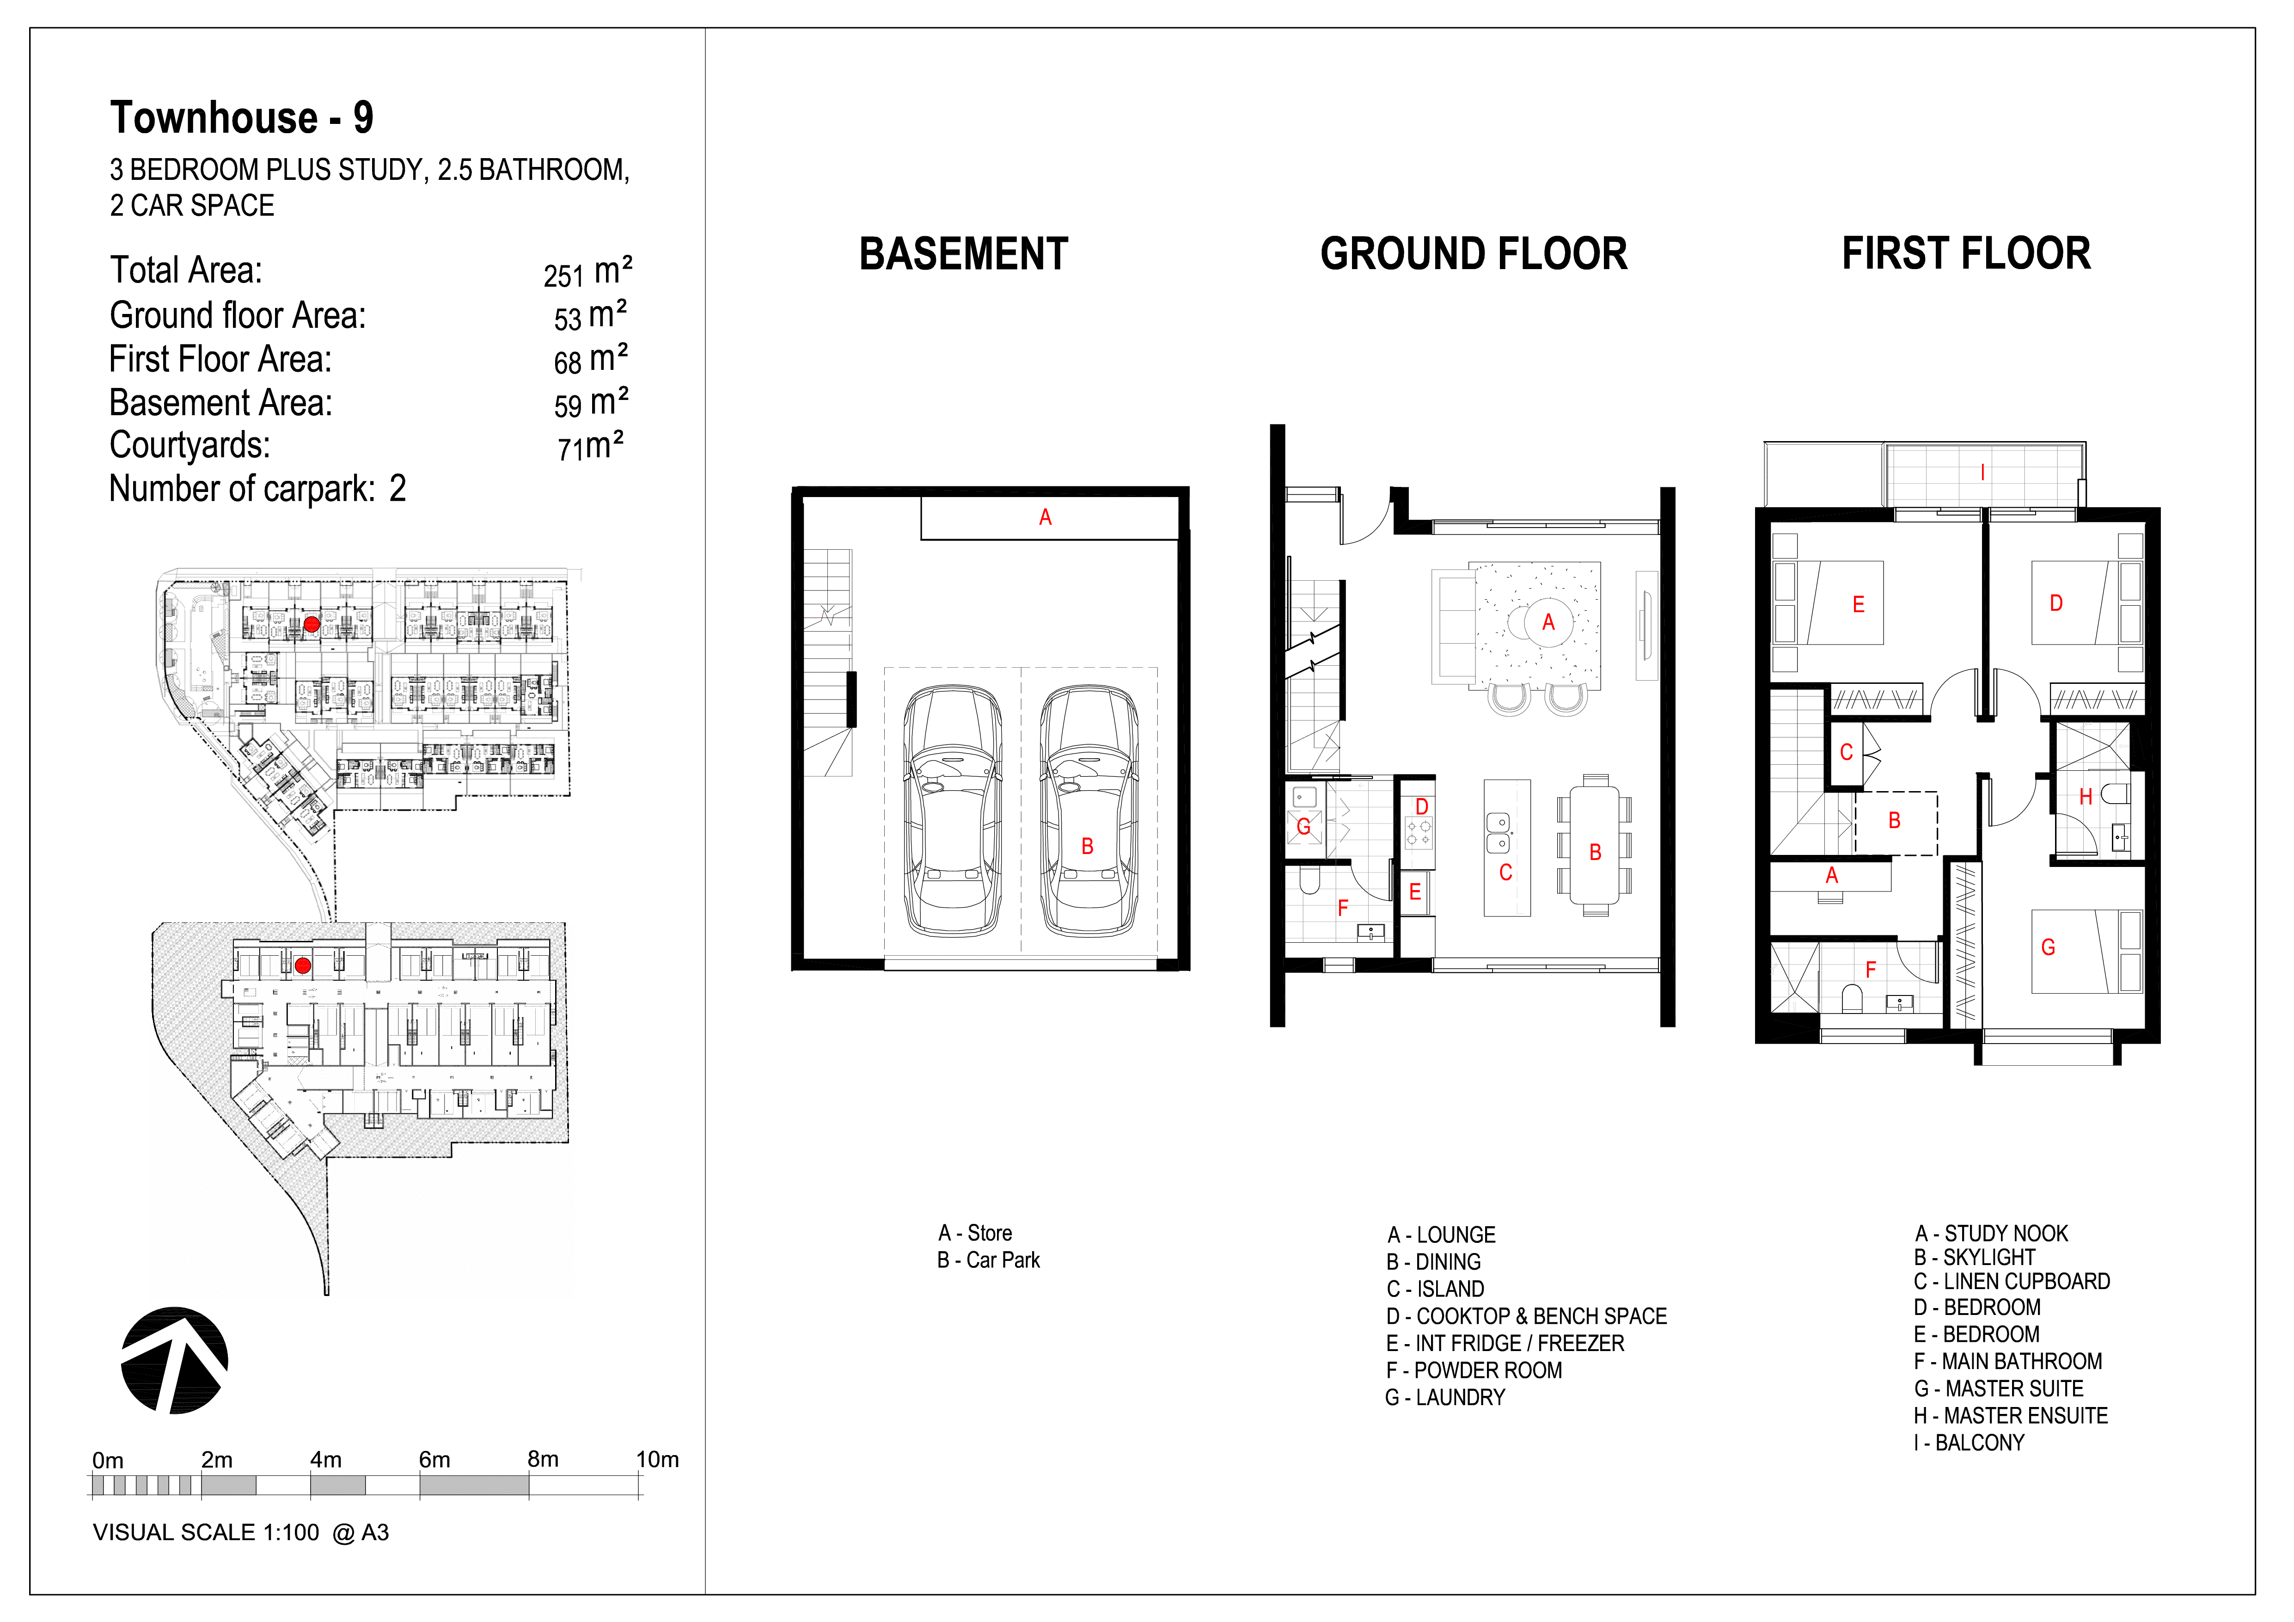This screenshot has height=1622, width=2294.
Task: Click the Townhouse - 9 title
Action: pos(242,118)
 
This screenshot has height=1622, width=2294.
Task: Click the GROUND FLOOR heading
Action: pos(1474,254)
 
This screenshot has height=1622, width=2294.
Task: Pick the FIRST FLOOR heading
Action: pos(1966,254)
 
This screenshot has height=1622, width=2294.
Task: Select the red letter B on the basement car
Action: pos(1087,847)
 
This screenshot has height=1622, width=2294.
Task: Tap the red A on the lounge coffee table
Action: pos(1548,623)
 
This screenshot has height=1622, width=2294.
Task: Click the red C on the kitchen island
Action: pos(1506,872)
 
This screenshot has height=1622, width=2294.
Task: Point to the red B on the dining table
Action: pos(1596,853)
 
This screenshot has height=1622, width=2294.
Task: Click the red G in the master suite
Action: pos(2048,947)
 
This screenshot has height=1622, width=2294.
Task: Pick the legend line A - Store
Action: pos(975,1233)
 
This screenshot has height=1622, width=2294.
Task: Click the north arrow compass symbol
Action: pos(175,1360)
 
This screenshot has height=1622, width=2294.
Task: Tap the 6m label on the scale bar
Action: pos(434,1459)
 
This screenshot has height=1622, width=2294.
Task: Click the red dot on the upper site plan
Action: pos(312,625)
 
